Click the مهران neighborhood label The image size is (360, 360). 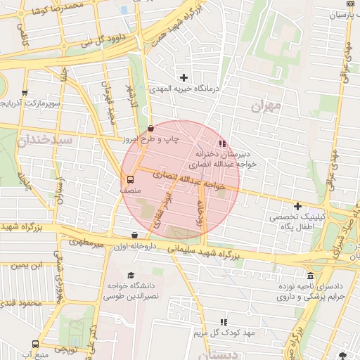tap(264, 105)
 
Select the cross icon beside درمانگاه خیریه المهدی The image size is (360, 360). tap(184, 77)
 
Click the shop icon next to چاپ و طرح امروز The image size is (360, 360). tap(151, 128)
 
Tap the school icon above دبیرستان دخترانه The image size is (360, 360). tap(223, 143)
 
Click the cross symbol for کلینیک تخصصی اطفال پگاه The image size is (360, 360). tap(297, 206)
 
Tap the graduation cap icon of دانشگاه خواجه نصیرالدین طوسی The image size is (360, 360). tap(131, 275)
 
